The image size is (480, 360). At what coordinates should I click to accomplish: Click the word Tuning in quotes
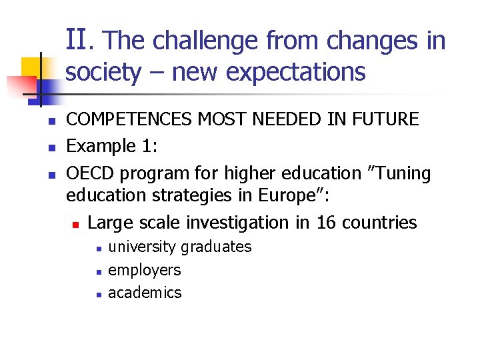coord(401,173)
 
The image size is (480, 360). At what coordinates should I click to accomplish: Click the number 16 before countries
coord(327,222)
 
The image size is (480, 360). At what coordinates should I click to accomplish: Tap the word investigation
coord(237,222)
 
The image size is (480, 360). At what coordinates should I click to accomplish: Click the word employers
coord(145,269)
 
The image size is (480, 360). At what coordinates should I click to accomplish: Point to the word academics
coord(145,292)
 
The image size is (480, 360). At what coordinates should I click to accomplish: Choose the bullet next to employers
coord(97,271)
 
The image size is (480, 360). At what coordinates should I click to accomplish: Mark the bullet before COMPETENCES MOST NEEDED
coord(41,121)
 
